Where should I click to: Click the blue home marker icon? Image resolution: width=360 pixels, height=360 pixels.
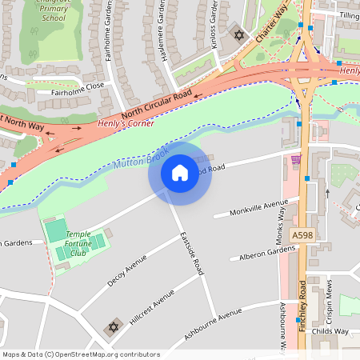(179, 173)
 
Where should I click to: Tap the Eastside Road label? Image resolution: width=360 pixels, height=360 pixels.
(193, 255)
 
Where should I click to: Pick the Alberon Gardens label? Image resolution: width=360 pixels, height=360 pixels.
(267, 254)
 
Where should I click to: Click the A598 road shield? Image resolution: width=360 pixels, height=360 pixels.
(302, 235)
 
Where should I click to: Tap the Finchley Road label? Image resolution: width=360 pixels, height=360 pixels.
(302, 304)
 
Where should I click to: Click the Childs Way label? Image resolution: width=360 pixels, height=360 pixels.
(330, 330)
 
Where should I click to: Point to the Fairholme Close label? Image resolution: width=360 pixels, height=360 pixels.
(78, 88)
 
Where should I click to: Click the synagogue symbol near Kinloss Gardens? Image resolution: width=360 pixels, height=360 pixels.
(237, 34)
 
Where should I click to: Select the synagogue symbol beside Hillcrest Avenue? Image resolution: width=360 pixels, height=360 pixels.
(113, 328)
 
